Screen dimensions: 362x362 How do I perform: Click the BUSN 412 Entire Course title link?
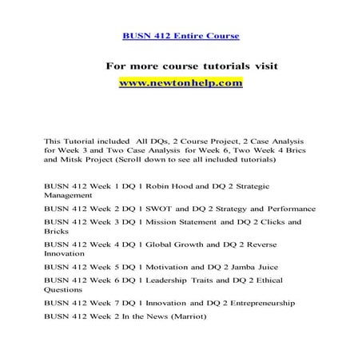(180, 36)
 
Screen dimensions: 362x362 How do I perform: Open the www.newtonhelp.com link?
(180, 82)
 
